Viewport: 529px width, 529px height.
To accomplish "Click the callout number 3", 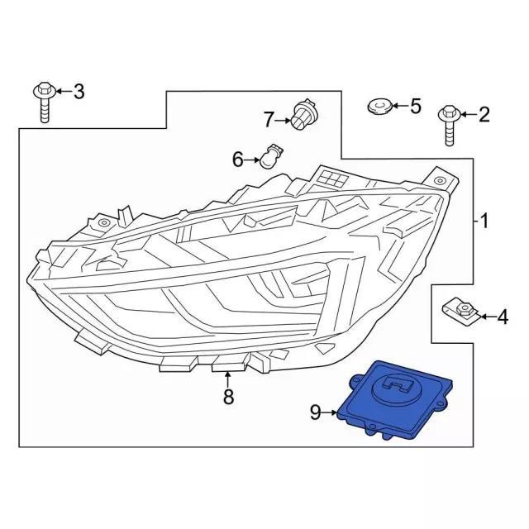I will (x=79, y=91).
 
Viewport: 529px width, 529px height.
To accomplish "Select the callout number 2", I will (x=484, y=115).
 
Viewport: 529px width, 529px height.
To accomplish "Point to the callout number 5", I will (x=415, y=106).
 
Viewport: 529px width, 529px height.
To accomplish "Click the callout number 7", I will (x=268, y=120).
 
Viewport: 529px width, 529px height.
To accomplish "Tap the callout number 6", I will (x=237, y=160).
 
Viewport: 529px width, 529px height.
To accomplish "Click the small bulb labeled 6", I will (x=269, y=155).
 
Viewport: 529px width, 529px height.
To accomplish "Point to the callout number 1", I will (x=484, y=221).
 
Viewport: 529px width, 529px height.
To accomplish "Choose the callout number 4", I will (x=502, y=316).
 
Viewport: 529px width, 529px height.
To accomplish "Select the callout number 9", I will (x=315, y=412).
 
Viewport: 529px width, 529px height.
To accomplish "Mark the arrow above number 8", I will (x=228, y=379).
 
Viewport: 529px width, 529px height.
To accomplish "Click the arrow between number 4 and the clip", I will (x=484, y=316).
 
